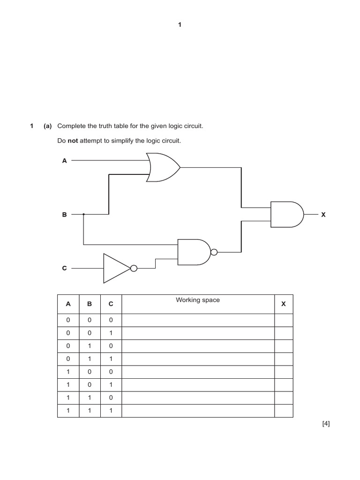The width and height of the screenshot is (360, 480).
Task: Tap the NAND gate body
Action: point(193,252)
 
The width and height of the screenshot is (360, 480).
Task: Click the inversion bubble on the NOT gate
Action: point(134,268)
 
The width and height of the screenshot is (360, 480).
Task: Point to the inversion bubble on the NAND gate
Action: point(214,252)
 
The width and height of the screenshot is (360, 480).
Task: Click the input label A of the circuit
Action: point(65,160)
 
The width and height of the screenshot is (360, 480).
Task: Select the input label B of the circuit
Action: point(65,214)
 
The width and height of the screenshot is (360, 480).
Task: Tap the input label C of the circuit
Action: point(65,268)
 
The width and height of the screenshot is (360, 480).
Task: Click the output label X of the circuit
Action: point(323,214)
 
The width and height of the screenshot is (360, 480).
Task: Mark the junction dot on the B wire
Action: point(83,214)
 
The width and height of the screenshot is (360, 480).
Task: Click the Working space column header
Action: point(197,300)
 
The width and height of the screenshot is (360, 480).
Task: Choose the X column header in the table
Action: point(283,304)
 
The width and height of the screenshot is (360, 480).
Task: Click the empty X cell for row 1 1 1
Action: point(283,411)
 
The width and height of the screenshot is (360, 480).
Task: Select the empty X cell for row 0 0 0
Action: point(283,320)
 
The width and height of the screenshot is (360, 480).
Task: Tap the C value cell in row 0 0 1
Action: point(111,333)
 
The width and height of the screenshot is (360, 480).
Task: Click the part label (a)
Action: point(47,126)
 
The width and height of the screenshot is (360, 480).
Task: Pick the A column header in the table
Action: point(68,304)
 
